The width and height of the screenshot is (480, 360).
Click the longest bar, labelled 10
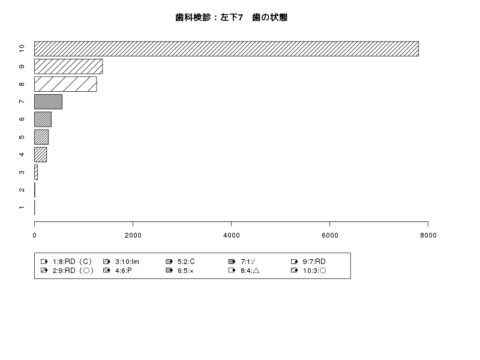pos(226,49)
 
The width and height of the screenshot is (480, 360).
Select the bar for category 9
pos(68,67)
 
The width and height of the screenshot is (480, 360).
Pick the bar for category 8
pos(65,84)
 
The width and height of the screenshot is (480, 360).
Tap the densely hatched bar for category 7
pos(48,101)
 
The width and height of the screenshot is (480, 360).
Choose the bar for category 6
pos(43,119)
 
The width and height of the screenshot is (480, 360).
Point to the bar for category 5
pos(41,137)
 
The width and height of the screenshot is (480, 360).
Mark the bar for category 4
pos(40,155)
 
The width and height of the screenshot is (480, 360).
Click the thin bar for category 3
pos(36,172)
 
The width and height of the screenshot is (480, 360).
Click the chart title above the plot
pos(232,17)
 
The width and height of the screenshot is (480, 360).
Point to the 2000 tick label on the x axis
pos(133,235)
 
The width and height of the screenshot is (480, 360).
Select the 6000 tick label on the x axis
pos(329,235)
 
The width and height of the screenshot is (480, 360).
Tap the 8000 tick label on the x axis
pos(428,235)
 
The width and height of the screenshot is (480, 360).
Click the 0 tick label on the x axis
pos(35,235)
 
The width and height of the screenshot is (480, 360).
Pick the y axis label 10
pos(22,49)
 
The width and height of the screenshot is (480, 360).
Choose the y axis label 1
pos(22,208)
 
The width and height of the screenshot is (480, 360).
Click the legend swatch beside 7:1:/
pos(232,262)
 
